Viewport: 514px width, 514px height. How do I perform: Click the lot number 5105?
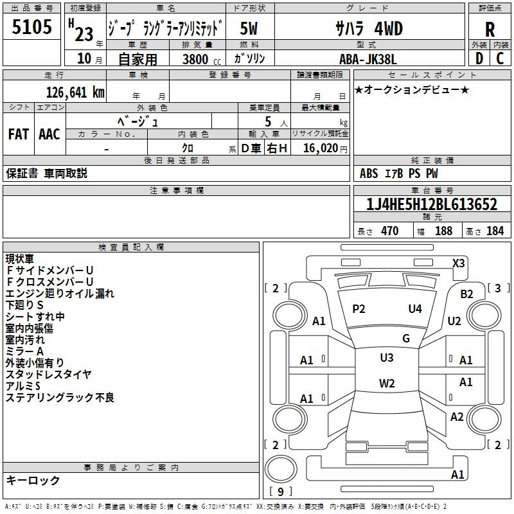pyautogui.click(x=31, y=27)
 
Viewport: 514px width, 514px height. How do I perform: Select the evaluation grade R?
pyautogui.click(x=490, y=29)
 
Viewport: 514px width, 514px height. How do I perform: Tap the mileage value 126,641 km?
pyautogui.click(x=75, y=93)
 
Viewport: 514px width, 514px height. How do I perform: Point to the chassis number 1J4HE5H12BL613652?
pyautogui.click(x=432, y=204)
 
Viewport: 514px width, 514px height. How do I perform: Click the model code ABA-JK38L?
pyautogui.click(x=368, y=59)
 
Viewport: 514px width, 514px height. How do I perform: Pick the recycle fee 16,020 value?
pyautogui.click(x=321, y=148)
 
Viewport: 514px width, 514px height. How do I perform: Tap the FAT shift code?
pyautogui.click(x=19, y=134)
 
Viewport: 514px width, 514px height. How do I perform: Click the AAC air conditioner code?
pyautogui.click(x=49, y=134)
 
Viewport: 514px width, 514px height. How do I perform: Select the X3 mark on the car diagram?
pyautogui.click(x=458, y=263)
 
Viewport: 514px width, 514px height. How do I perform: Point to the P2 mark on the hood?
pyautogui.click(x=359, y=309)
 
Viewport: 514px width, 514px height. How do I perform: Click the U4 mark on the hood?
pyautogui.click(x=415, y=308)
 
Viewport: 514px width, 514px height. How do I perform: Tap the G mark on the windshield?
pyautogui.click(x=406, y=338)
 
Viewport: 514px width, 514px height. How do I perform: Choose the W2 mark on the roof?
pyautogui.click(x=387, y=383)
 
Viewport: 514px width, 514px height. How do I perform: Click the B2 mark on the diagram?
pyautogui.click(x=466, y=294)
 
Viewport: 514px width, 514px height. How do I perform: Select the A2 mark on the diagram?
pyautogui.click(x=457, y=416)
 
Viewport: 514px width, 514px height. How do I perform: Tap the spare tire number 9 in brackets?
pyautogui.click(x=281, y=492)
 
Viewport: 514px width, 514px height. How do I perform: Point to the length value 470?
pyautogui.click(x=390, y=231)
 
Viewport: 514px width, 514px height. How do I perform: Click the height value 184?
pyautogui.click(x=495, y=231)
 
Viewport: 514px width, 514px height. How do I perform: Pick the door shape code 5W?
pyautogui.click(x=249, y=28)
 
